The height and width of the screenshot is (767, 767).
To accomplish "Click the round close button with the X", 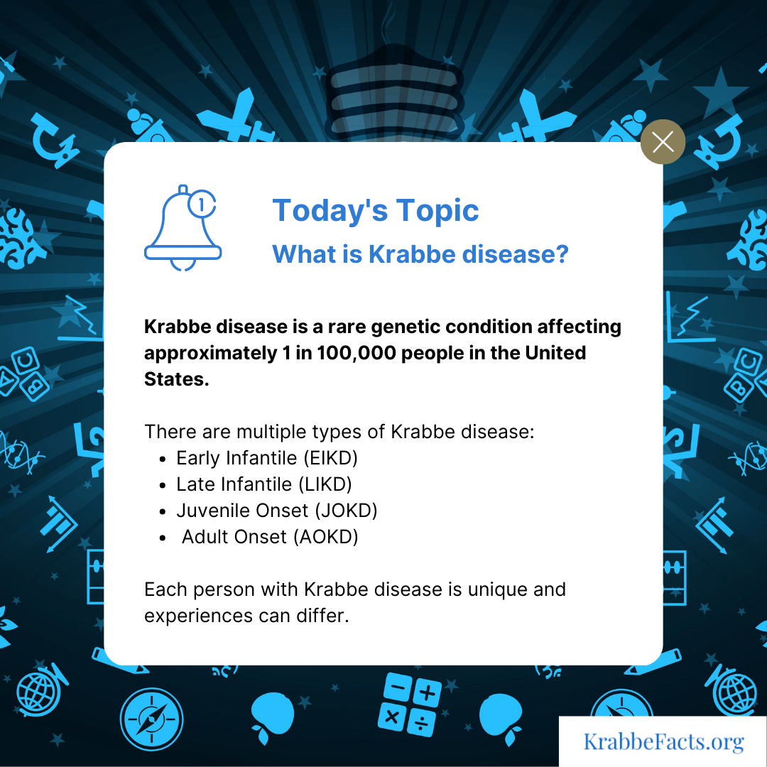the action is point(663,142).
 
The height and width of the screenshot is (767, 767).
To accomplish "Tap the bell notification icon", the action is point(183,228).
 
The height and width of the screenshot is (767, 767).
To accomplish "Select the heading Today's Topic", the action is point(375,211).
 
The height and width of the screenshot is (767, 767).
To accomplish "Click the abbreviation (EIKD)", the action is point(331,458).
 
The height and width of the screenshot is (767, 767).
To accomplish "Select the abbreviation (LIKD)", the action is point(325,484).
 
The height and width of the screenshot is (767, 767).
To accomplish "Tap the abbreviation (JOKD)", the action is point(347,511).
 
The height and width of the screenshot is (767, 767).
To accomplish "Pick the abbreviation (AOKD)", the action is point(326,537).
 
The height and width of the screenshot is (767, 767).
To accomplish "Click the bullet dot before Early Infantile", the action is point(163,459).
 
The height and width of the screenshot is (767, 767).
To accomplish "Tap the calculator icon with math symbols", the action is point(410,705).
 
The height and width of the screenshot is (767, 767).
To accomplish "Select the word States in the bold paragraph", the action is point(177,379).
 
